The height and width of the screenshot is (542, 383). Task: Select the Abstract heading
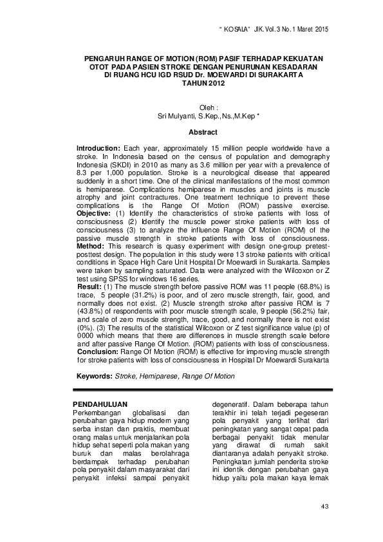tap(203, 132)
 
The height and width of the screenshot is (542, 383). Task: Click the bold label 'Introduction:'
tap(98, 148)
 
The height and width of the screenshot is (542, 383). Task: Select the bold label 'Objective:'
tap(94, 212)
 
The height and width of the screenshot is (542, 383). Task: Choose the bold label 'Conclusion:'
tap(97, 353)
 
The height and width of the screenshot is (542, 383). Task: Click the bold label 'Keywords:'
tap(95, 375)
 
